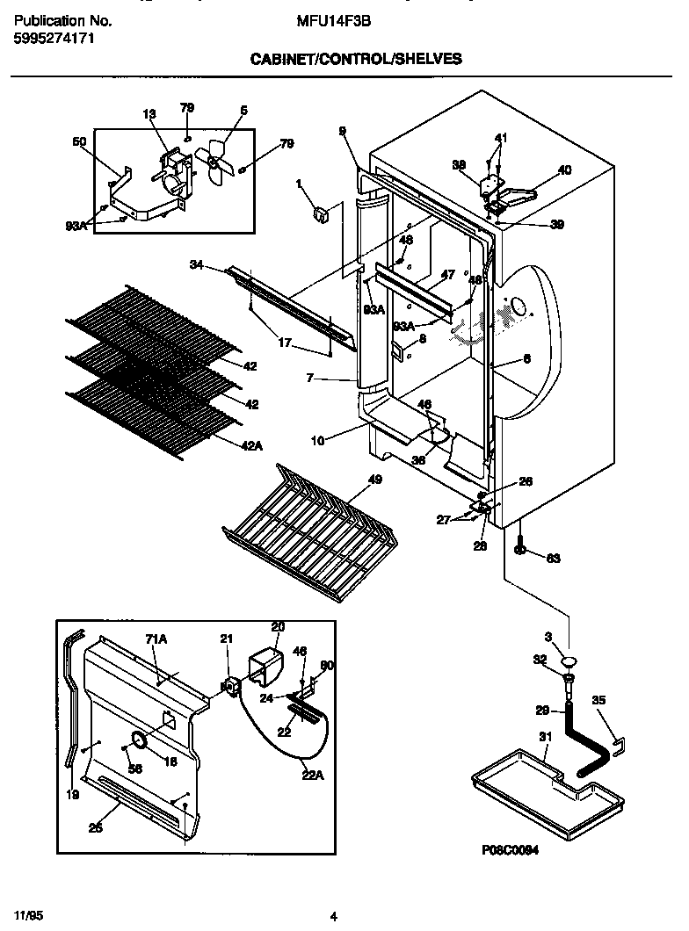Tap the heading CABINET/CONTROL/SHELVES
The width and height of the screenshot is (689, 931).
coord(356,60)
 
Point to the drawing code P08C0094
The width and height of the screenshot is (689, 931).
coord(510,850)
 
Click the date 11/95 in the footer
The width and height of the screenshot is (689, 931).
coord(29,915)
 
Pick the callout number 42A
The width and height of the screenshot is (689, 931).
coord(251,446)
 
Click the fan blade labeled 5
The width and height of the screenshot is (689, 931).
coord(214,162)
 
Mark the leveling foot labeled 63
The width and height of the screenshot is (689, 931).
coord(520,550)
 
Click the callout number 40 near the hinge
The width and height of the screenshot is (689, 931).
coord(564,170)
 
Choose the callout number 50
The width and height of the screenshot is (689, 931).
coord(79,141)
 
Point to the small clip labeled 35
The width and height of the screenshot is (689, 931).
coord(619,745)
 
